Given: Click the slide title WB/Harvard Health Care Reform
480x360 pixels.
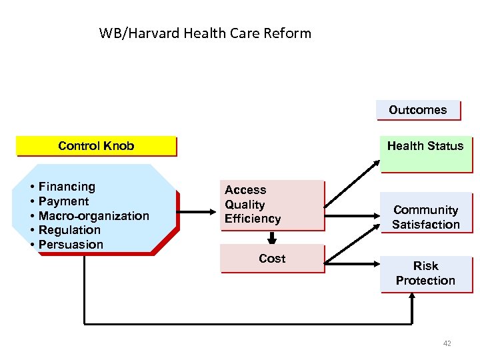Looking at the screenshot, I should pyautogui.click(x=205, y=33).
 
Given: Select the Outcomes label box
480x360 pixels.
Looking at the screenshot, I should pyautogui.click(x=418, y=110).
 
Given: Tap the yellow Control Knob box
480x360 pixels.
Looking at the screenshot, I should pyautogui.click(x=96, y=146).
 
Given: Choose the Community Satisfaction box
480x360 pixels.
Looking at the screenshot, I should pyautogui.click(x=425, y=217).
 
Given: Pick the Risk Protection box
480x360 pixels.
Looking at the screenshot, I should pyautogui.click(x=425, y=273).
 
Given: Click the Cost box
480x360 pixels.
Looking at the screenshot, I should pyautogui.click(x=272, y=258).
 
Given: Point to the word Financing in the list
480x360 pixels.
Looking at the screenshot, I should pyautogui.click(x=67, y=187).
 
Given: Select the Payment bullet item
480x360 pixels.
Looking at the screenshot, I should pyautogui.click(x=63, y=201).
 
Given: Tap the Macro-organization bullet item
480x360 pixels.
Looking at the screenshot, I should pyautogui.click(x=93, y=215).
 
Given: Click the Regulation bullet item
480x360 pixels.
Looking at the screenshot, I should pyautogui.click(x=69, y=230).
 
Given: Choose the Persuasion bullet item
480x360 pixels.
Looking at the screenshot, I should pyautogui.click(x=71, y=245).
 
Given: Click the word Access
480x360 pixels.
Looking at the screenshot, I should pyautogui.click(x=245, y=190).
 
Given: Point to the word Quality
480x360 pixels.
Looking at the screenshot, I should pyautogui.click(x=245, y=205).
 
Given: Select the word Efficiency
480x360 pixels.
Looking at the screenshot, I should pyautogui.click(x=253, y=219).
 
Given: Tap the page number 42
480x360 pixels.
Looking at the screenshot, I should pyautogui.click(x=447, y=343).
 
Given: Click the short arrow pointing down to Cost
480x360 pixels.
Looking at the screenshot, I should pyautogui.click(x=272, y=237).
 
